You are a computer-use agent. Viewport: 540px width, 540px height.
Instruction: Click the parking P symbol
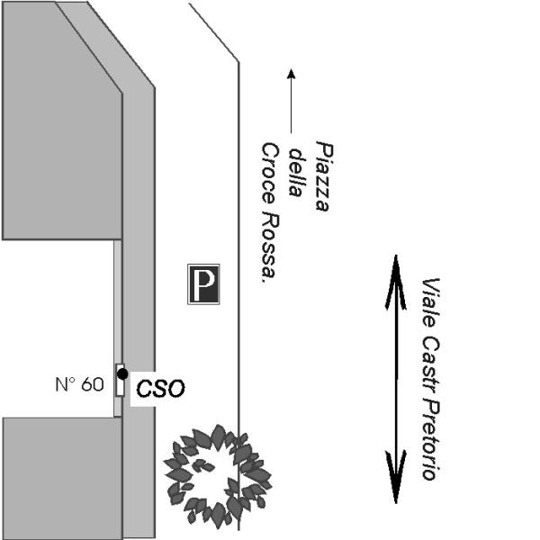203,283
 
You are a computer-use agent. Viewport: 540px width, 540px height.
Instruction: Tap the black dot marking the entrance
122,373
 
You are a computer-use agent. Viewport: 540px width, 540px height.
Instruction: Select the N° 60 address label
79,384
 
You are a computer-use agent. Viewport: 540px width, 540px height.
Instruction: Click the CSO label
160,389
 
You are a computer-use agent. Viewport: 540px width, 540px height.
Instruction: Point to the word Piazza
323,175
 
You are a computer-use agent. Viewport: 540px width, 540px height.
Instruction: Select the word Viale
429,301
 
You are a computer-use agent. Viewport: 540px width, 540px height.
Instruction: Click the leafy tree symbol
216,475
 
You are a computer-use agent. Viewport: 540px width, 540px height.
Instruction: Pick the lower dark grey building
60,477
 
